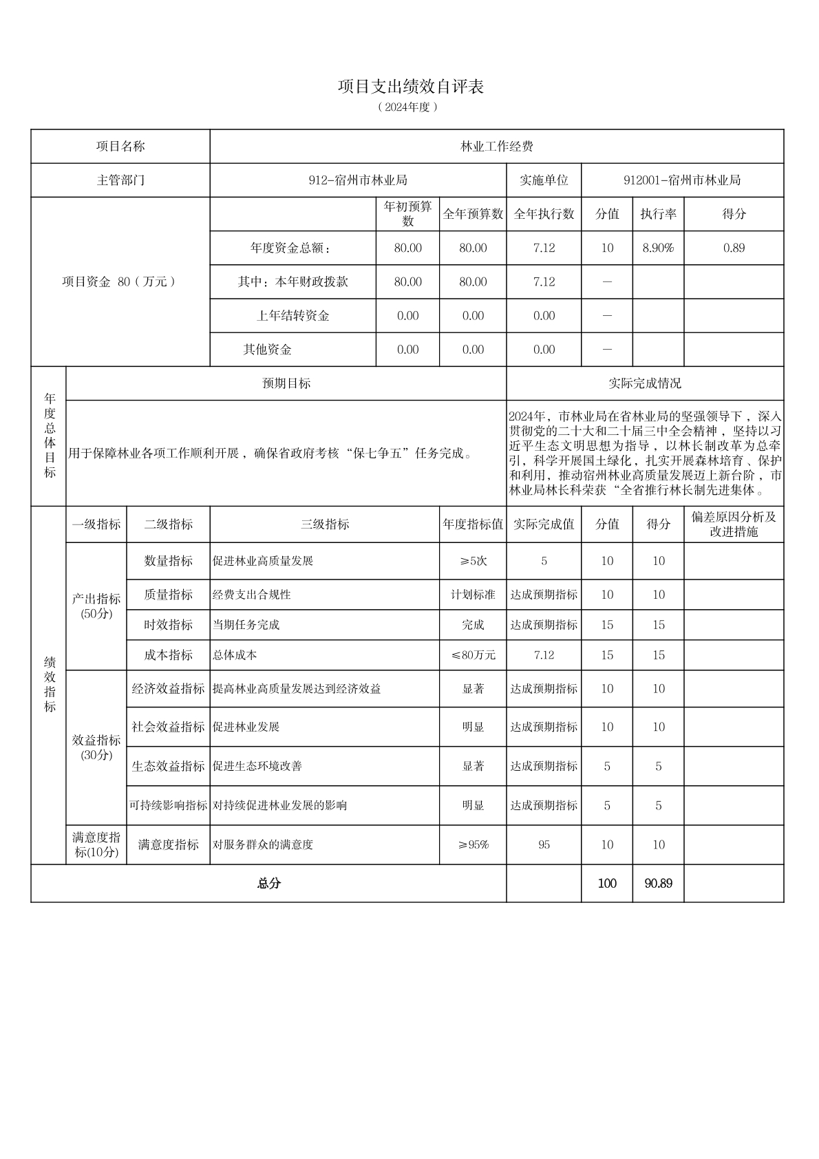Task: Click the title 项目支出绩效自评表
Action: pos(410,87)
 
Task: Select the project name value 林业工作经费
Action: pos(496,147)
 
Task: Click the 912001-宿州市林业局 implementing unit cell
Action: pos(681,180)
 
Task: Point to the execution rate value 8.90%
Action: pos(658,248)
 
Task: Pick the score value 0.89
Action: pos(734,248)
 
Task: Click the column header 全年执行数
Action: pos(544,214)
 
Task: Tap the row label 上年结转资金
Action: pos(292,316)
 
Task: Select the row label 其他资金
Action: pos(267,350)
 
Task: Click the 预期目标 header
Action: pos(286,383)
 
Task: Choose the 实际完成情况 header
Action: pos(645,383)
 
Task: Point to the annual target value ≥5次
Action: pos(473,561)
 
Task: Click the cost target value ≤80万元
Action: pos(473,655)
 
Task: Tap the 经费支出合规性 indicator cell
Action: pos(252,595)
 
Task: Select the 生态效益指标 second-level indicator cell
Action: pos(168,766)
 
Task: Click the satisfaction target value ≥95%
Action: pos(473,844)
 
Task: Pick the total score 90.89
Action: pos(658,883)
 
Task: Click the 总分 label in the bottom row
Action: pos(268,883)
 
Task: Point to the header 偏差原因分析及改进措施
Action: pos(734,524)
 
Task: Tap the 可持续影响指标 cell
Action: pos(168,805)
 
